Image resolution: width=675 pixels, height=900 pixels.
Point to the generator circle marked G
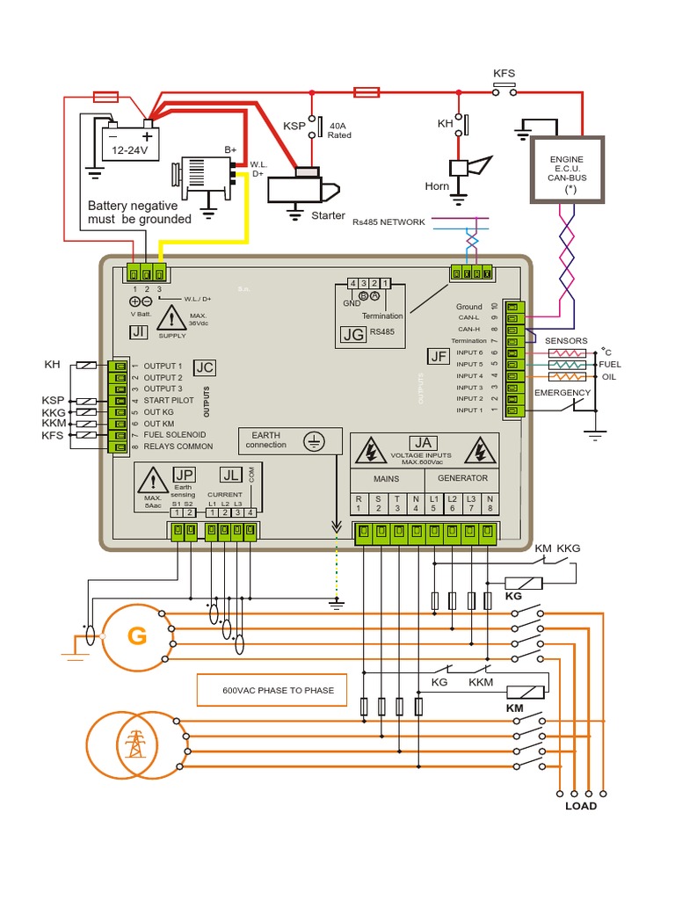tap(137, 636)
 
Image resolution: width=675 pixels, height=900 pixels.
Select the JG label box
tap(352, 334)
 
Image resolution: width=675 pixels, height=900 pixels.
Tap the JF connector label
tap(439, 355)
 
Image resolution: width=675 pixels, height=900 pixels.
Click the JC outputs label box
tap(204, 367)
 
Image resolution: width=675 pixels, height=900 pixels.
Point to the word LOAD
tap(580, 806)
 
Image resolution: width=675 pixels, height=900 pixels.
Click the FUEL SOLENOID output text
tap(175, 434)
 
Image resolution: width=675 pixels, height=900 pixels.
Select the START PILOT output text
tap(171, 400)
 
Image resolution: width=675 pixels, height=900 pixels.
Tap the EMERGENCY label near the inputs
tap(563, 392)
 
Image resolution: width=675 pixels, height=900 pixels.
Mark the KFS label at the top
tap(504, 75)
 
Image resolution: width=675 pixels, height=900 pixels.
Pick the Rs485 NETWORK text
tap(388, 221)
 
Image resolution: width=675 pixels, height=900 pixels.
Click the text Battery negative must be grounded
tap(139, 212)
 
